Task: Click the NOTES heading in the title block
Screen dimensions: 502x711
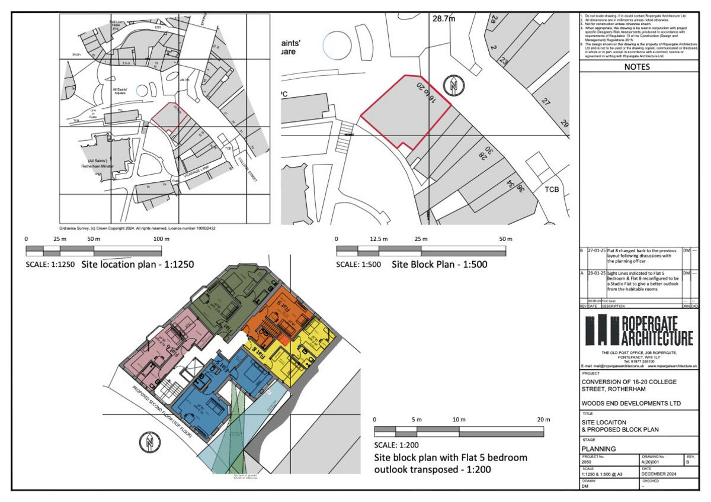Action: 636,67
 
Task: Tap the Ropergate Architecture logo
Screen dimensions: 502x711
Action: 639,330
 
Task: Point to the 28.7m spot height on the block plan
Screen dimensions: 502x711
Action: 444,19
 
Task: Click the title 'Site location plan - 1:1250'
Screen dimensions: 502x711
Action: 137,264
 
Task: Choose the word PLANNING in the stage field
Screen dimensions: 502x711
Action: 598,449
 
